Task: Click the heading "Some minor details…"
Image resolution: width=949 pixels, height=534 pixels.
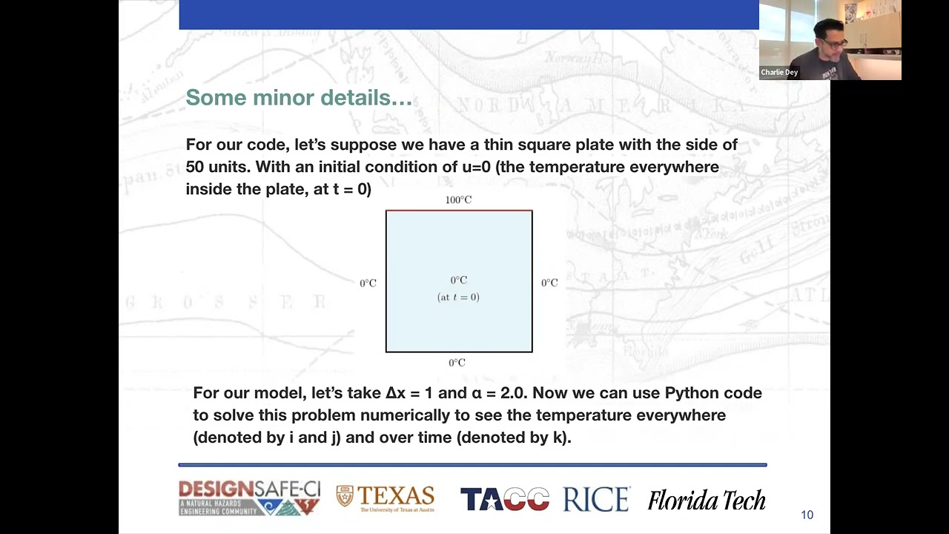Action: [298, 97]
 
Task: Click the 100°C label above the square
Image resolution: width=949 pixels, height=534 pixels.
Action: [458, 200]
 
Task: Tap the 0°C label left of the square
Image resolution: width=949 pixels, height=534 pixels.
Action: [368, 283]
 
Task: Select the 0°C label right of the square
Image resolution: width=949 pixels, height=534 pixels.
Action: [549, 283]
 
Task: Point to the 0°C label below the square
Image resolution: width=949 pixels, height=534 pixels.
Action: [457, 363]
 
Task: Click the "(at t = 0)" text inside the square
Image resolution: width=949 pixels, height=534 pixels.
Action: [458, 297]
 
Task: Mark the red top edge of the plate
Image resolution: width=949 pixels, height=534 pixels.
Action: [459, 211]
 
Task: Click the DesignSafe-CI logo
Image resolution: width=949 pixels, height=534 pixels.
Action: [249, 498]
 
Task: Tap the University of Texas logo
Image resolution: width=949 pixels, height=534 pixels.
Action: [386, 498]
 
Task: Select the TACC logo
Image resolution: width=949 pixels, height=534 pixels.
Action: [504, 499]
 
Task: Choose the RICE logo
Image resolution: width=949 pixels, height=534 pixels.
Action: [596, 499]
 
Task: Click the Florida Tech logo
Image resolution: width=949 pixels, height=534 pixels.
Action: [706, 501]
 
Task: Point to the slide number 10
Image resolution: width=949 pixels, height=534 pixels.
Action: [807, 515]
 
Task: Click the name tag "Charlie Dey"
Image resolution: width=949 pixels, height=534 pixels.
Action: [779, 73]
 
